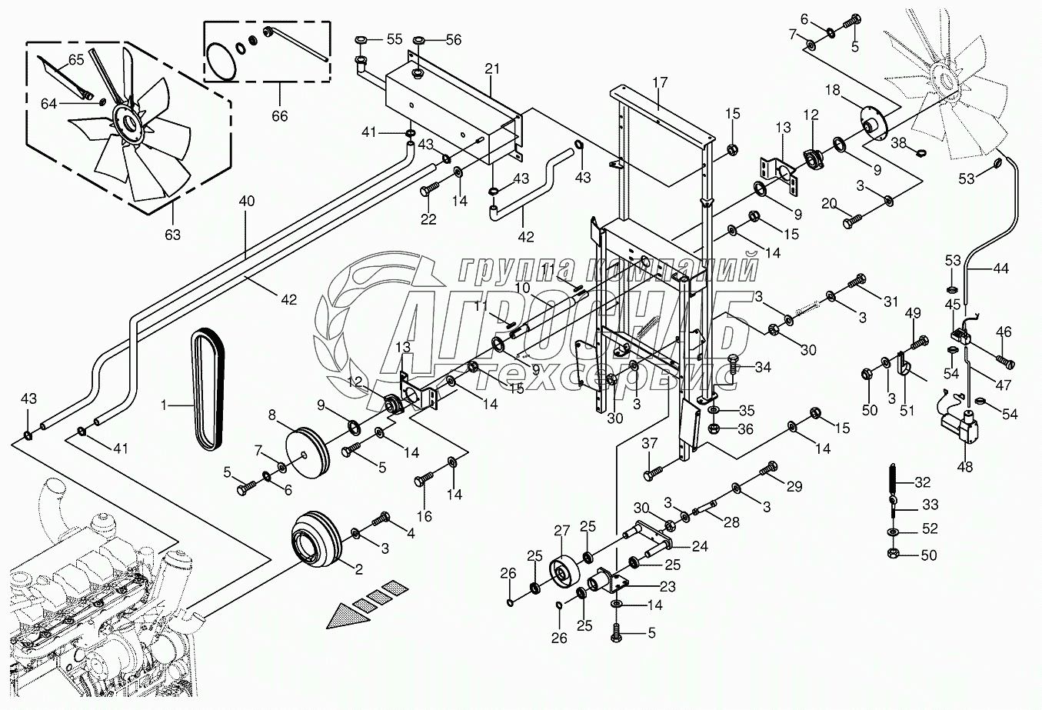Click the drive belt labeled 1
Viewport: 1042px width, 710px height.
pyautogui.click(x=208, y=389)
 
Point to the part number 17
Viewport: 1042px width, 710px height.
pyautogui.click(x=660, y=83)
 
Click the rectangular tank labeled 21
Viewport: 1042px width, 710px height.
pyautogui.click(x=454, y=110)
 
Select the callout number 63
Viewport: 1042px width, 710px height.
pyautogui.click(x=172, y=235)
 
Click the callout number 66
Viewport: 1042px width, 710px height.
pyautogui.click(x=280, y=115)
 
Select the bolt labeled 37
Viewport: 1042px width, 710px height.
pyautogui.click(x=656, y=470)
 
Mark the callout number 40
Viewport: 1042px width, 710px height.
pyautogui.click(x=247, y=201)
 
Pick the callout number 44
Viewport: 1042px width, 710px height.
pyautogui.click(x=1000, y=268)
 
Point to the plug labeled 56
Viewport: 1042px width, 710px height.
pyautogui.click(x=418, y=39)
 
